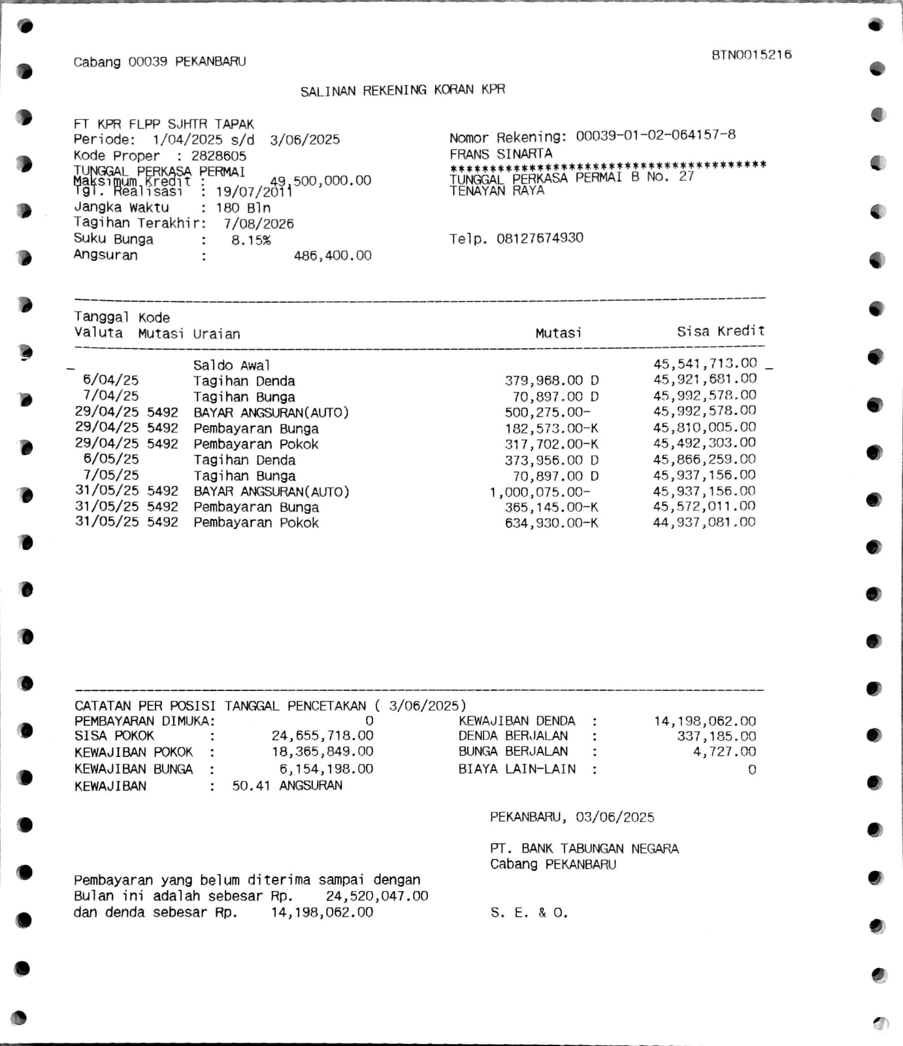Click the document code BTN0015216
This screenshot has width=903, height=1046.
(x=751, y=55)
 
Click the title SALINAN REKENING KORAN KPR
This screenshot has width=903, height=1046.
(x=402, y=90)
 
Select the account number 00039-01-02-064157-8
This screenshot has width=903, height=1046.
(x=655, y=135)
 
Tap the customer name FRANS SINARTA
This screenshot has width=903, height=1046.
(x=501, y=154)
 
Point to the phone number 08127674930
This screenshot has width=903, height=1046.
(x=540, y=238)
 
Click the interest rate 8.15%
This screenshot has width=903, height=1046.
(x=251, y=240)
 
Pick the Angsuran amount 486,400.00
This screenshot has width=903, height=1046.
(x=333, y=256)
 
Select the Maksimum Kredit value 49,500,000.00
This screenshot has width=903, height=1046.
(x=321, y=180)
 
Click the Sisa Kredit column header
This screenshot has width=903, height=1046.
(x=720, y=331)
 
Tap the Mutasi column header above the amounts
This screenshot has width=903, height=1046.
(x=558, y=333)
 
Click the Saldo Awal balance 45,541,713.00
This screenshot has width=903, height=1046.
(x=705, y=363)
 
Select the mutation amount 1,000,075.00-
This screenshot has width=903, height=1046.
(x=540, y=492)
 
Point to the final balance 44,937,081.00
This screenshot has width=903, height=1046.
(x=704, y=522)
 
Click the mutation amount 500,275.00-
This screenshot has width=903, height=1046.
(x=548, y=413)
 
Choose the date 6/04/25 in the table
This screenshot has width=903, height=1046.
(x=110, y=380)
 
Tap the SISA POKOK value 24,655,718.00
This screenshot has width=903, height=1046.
(x=322, y=736)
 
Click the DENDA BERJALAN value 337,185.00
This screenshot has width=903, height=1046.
(x=716, y=736)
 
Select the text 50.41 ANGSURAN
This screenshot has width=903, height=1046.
(x=287, y=786)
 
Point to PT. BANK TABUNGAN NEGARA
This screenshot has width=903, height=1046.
(x=584, y=849)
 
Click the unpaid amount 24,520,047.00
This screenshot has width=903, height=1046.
(x=377, y=896)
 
